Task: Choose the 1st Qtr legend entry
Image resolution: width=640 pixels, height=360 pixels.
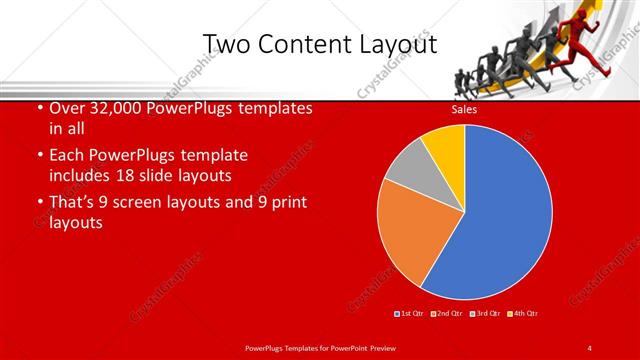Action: pos(411,314)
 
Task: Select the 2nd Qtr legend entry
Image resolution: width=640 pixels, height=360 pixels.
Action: pos(446,314)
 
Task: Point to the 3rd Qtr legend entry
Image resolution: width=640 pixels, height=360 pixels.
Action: pos(485,314)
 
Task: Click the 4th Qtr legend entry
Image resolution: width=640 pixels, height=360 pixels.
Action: pos(522,314)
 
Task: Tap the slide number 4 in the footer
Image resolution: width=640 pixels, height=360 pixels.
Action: pos(590,347)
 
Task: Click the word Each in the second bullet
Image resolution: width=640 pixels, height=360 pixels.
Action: pos(66,156)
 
